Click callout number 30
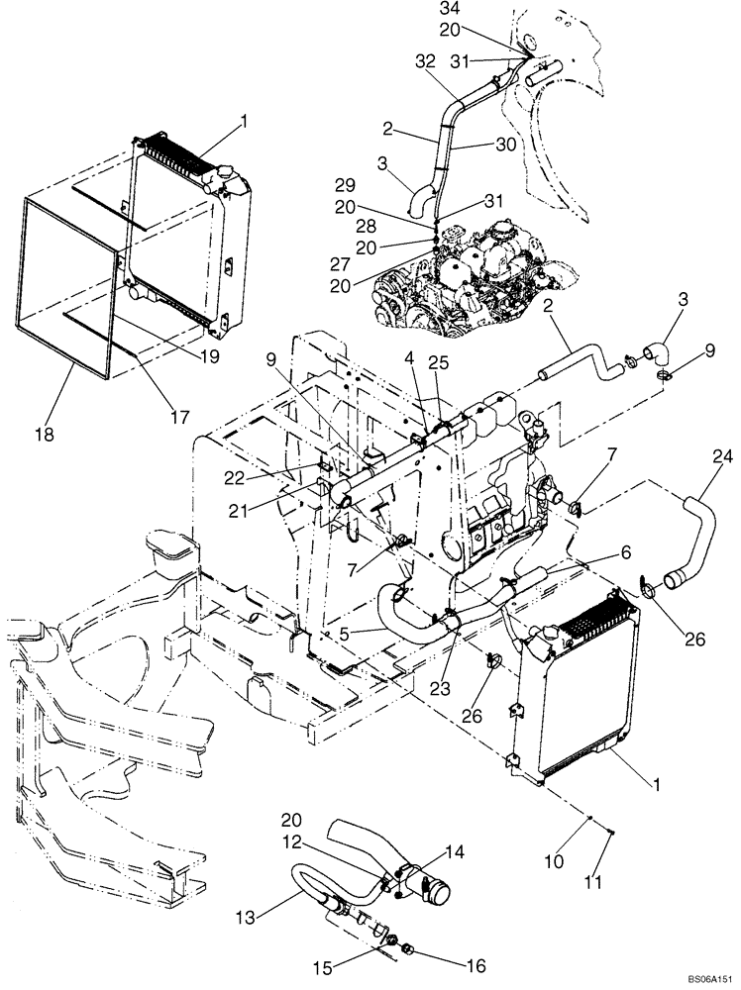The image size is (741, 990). pos(507,145)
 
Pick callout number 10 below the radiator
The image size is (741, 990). pos(556,862)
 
